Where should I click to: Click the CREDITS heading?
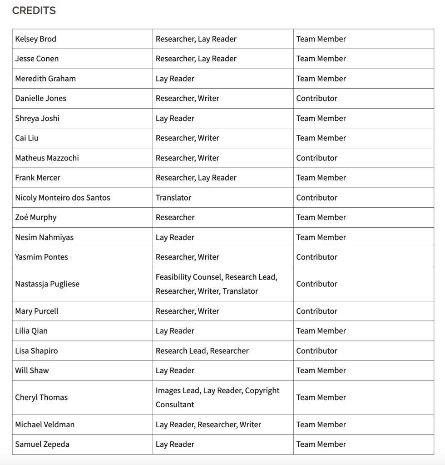tap(34, 11)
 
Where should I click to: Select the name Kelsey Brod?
tap(36, 39)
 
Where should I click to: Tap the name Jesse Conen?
tap(37, 59)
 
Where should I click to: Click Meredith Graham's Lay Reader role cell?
tap(175, 79)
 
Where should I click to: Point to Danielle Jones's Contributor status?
tap(316, 98)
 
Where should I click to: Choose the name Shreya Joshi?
tap(37, 118)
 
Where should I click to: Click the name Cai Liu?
tap(27, 138)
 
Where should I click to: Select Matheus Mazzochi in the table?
tap(47, 158)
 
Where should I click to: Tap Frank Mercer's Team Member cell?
tap(321, 178)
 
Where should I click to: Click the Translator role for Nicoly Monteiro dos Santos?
tap(173, 198)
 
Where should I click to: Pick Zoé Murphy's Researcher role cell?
tap(175, 217)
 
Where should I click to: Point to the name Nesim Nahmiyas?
tap(44, 237)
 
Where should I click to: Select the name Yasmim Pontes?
tap(41, 257)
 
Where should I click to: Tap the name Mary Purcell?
tap(37, 311)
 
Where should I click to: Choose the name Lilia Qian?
tap(31, 331)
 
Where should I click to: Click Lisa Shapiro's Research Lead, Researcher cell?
tap(202, 351)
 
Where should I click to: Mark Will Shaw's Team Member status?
tap(321, 370)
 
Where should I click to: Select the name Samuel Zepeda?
tap(42, 445)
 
